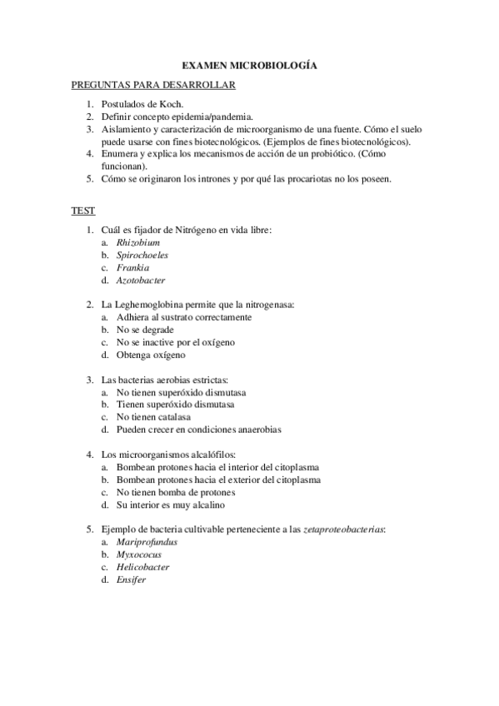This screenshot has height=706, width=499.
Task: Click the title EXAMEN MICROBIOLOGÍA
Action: click(249, 64)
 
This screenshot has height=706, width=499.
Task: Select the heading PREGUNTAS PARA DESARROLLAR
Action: click(153, 84)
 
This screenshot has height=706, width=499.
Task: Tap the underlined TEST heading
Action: click(83, 211)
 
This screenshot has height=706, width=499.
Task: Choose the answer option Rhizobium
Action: click(138, 241)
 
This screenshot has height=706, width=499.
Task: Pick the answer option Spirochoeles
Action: click(142, 255)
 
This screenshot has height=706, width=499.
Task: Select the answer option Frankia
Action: click(133, 267)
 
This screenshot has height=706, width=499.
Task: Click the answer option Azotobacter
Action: click(141, 281)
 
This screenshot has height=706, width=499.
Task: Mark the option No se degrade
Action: click(145, 330)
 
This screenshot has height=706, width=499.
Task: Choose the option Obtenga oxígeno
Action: click(151, 355)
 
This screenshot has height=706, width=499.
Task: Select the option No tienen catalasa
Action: click(153, 417)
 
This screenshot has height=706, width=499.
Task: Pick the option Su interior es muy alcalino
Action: click(170, 505)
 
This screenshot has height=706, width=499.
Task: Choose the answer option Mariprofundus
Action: click(147, 541)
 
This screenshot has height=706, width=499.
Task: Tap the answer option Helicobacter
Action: click(143, 567)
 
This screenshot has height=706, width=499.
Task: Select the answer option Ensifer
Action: click(132, 579)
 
